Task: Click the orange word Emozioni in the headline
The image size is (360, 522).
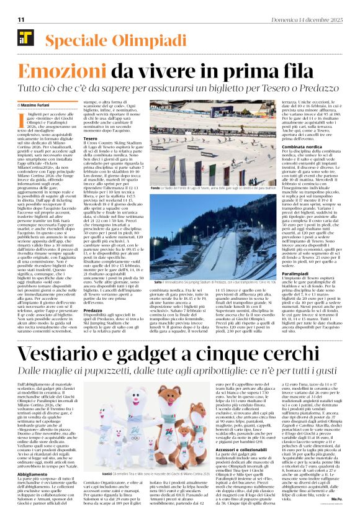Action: click(x=60, y=70)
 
